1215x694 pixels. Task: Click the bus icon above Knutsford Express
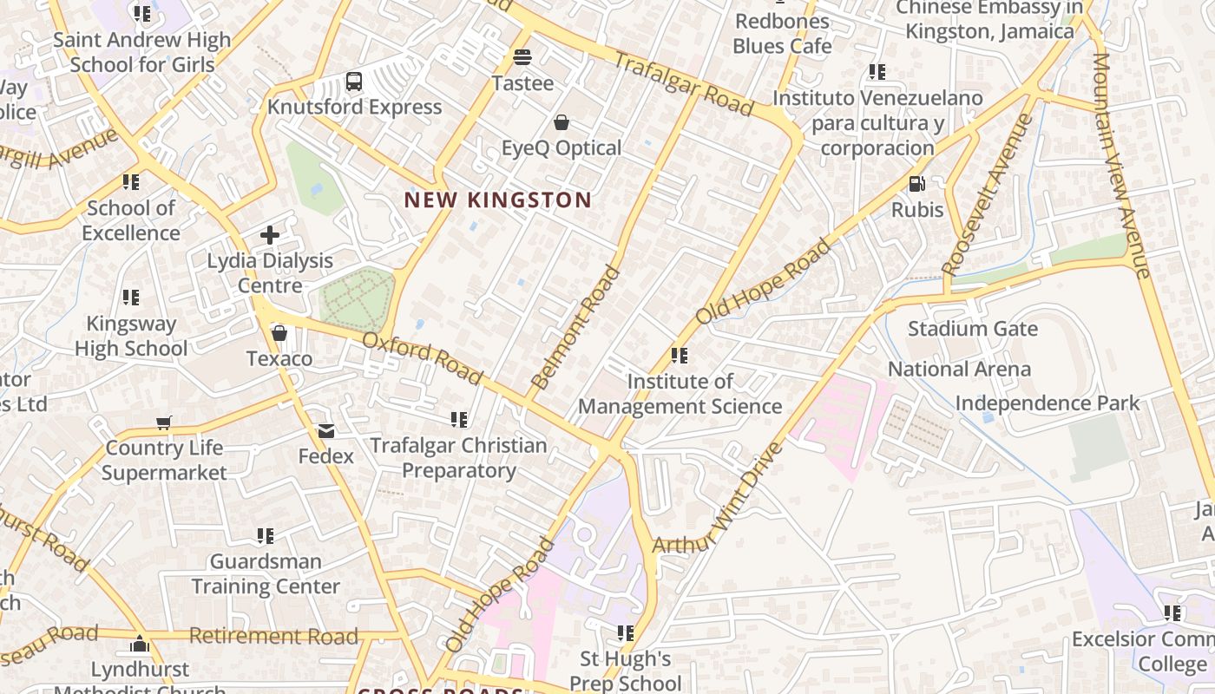pos(353,82)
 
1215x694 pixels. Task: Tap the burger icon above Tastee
pos(522,57)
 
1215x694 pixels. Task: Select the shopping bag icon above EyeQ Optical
pos(562,122)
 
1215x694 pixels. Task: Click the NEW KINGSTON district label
pos(498,200)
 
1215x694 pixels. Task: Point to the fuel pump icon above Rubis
pos(916,184)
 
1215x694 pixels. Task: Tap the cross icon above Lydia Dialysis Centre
pos(270,234)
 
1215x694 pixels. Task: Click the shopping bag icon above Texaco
pos(279,333)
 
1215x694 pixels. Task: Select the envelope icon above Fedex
pos(326,431)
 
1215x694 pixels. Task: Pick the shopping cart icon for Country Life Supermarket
pos(164,423)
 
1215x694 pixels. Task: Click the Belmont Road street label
pos(575,328)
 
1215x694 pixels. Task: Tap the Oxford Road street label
pos(422,358)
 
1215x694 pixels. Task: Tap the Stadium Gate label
pos(972,329)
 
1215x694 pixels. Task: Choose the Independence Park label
pos(1048,403)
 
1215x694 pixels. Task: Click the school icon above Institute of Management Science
pos(680,356)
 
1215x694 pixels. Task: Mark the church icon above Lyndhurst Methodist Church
pos(140,645)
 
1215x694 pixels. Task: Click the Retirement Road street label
pos(273,636)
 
